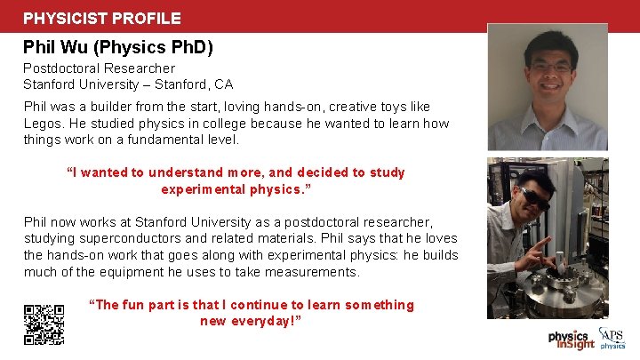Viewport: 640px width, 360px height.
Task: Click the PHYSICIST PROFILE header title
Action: (x=102, y=18)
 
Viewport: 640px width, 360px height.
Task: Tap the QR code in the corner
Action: (x=44, y=324)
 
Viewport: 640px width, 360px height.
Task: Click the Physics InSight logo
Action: (x=570, y=340)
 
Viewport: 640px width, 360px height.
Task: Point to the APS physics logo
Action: (x=613, y=338)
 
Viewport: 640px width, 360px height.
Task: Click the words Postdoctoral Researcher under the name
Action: (x=99, y=68)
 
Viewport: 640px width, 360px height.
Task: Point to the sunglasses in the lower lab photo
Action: (x=535, y=197)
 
